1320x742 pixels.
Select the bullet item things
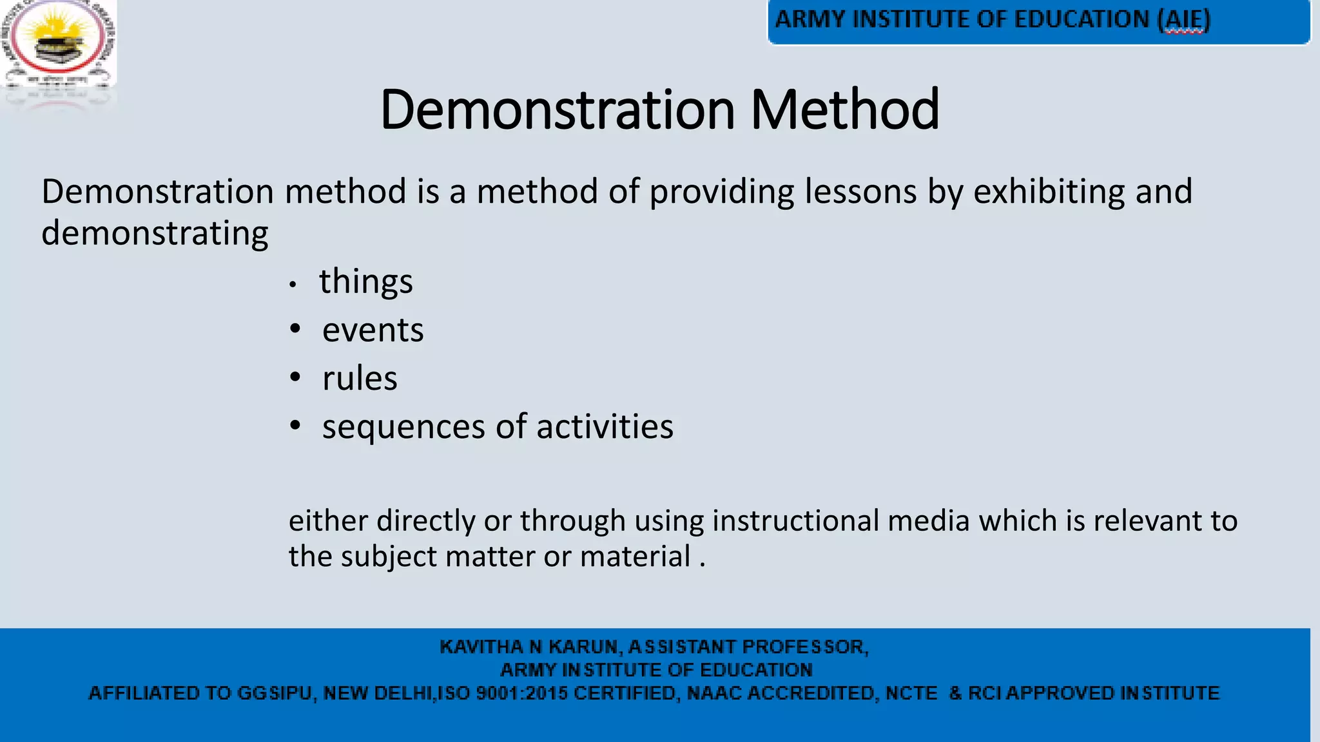coord(365,282)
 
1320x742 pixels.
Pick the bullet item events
coord(373,330)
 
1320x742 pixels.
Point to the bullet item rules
coord(360,379)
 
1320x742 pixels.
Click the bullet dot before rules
coord(295,377)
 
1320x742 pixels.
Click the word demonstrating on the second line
coord(155,233)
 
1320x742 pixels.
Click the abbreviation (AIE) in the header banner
coord(1184,19)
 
